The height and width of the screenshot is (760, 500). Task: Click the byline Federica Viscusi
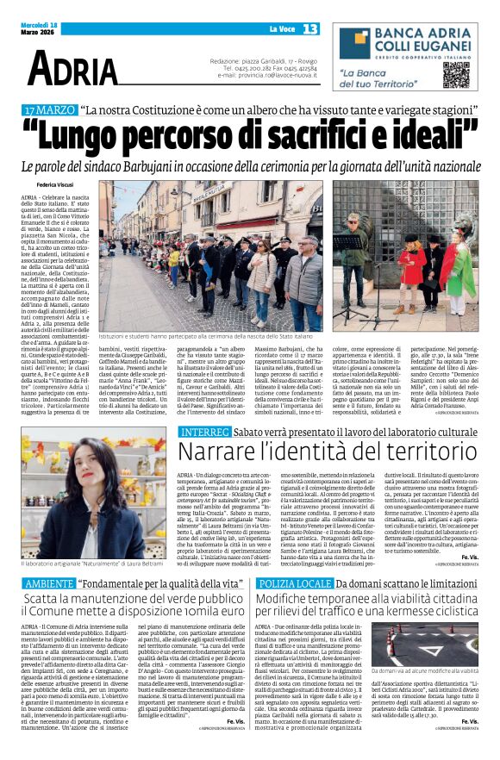coord(55,184)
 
